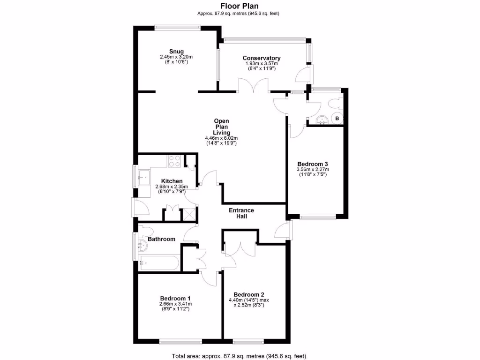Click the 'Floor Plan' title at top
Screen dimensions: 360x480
(x=240, y=6)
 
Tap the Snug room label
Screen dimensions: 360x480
(x=176, y=52)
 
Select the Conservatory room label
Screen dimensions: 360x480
(x=262, y=58)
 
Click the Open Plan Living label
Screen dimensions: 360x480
(x=221, y=127)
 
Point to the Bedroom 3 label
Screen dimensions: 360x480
(x=312, y=164)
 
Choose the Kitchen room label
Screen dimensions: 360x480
(x=172, y=181)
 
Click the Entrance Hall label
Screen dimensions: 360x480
(x=241, y=213)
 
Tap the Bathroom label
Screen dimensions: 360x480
(x=161, y=239)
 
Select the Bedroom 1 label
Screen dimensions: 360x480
(x=175, y=298)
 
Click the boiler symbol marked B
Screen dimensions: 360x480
(x=337, y=119)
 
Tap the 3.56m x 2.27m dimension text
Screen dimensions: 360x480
(x=312, y=169)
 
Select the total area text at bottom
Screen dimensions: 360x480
(x=240, y=355)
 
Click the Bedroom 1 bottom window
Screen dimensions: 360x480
(x=180, y=341)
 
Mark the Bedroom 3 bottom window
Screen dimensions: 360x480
(x=318, y=217)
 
